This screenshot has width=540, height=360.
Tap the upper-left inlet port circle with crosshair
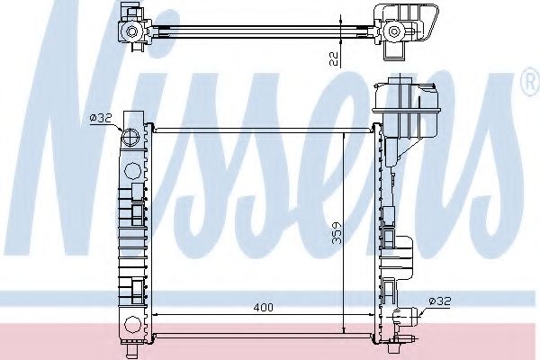131,138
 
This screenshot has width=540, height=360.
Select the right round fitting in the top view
394,34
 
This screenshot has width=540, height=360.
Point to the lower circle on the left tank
132,324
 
